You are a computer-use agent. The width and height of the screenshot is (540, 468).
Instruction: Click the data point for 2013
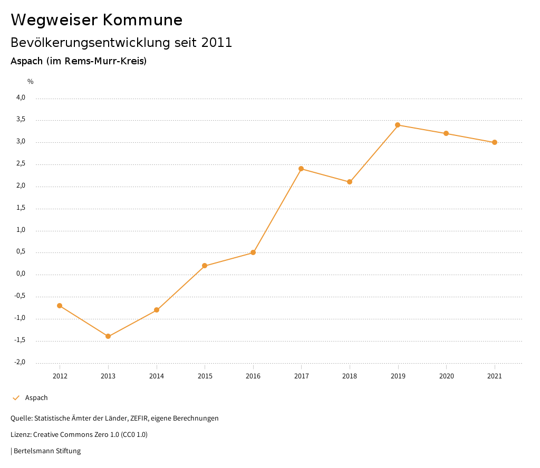coord(108,336)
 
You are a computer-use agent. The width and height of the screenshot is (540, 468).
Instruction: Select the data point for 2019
coord(398,125)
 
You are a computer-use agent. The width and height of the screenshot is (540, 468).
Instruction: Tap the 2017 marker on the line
coord(301,169)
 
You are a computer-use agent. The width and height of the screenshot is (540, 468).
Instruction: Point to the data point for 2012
coord(60,306)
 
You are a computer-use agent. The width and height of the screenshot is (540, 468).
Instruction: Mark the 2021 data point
coord(495,142)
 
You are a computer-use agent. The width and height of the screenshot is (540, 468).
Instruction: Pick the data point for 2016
coord(253,252)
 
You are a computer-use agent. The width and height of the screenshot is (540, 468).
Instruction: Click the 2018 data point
coord(350,182)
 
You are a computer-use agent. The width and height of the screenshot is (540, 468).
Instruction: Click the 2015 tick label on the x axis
coord(205,376)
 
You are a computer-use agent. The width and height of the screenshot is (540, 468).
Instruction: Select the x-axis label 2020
coord(446,376)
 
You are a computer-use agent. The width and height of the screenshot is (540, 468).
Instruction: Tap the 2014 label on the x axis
coord(157,376)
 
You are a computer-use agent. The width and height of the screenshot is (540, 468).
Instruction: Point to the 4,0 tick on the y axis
coord(21,97)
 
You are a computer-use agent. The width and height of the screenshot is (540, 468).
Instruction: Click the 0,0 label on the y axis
coord(21,274)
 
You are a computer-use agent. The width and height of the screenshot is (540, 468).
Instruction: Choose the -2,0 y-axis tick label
coord(20,362)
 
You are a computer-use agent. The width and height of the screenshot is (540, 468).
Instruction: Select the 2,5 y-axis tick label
coord(21,164)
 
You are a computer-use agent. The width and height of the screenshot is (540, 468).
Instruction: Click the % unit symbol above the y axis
coord(31,81)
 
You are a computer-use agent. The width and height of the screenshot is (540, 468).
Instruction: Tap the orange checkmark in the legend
coord(16,398)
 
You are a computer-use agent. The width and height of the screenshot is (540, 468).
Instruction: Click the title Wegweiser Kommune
coord(97,20)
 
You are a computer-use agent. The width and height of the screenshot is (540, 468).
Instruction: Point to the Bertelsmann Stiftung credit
coord(47,451)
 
